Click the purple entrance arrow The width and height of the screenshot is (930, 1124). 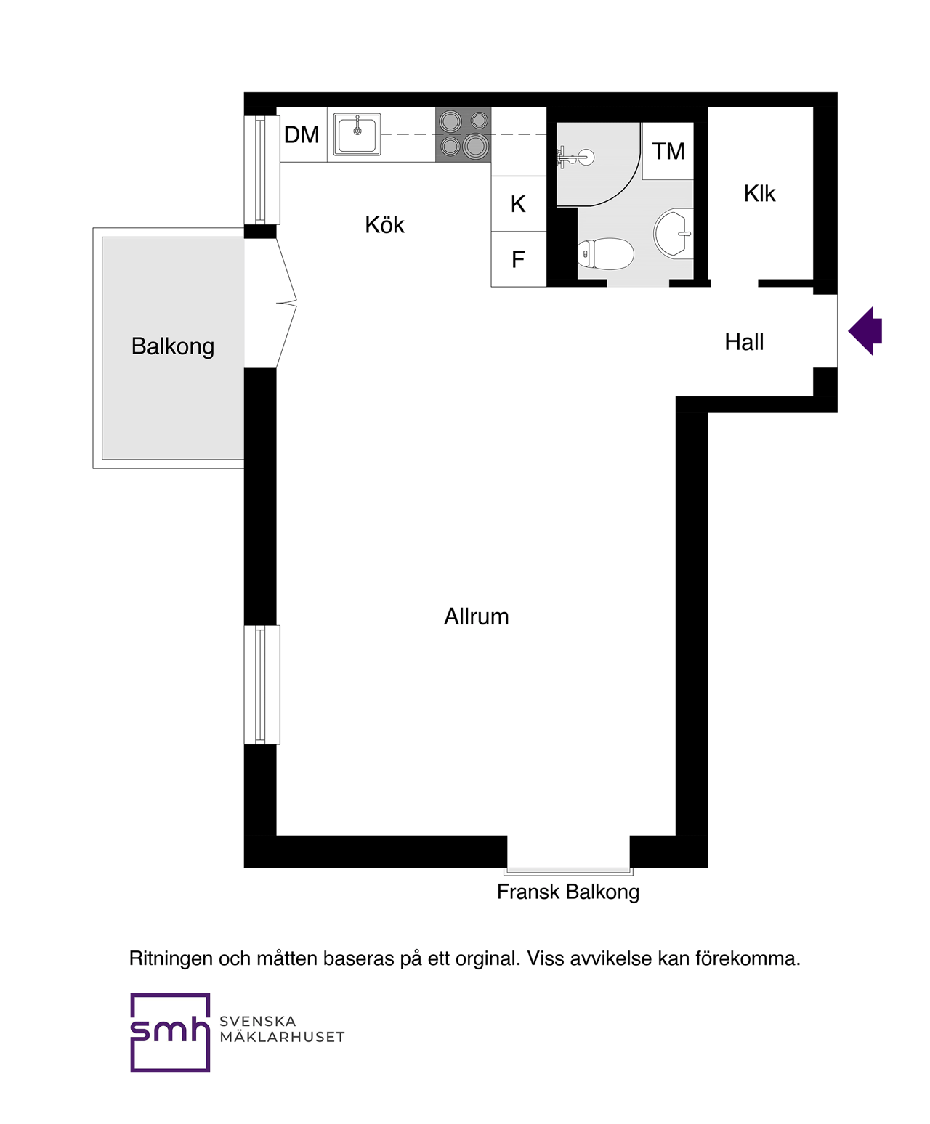[865, 331]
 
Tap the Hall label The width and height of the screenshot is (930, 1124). [743, 343]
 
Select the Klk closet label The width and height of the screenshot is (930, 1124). [759, 194]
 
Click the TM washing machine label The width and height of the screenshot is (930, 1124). [668, 151]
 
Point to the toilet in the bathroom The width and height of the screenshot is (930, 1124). [605, 253]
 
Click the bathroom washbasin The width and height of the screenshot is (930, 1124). [673, 234]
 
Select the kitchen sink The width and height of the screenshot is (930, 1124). [357, 134]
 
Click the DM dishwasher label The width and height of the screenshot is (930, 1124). [302, 135]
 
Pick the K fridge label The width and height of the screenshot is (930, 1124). [518, 205]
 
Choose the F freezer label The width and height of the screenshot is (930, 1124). [518, 260]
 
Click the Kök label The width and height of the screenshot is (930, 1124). [384, 225]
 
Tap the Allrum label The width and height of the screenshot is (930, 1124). [477, 617]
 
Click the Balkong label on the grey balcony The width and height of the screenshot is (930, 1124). [172, 347]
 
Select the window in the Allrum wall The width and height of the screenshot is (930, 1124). [262, 685]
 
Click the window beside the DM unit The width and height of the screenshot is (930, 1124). [262, 170]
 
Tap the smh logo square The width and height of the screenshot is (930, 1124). [170, 1033]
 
